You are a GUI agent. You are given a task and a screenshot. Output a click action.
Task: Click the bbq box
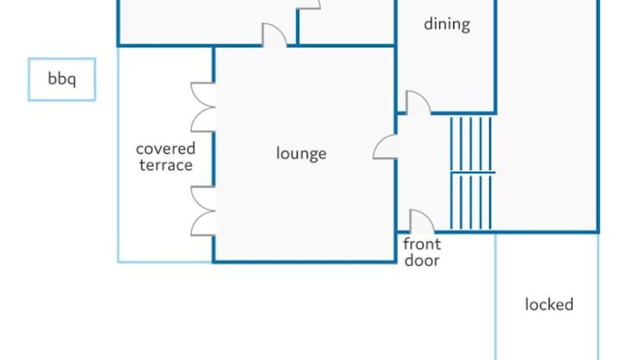(x=62, y=80)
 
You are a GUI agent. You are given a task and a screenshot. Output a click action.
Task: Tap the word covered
(x=166, y=149)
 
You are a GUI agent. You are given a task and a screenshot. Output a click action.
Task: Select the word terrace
(x=166, y=165)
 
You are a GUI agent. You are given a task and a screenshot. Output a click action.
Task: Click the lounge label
(x=301, y=153)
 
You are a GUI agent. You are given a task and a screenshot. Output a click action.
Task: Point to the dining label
(x=447, y=24)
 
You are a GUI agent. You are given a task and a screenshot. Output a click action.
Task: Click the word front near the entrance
(x=422, y=244)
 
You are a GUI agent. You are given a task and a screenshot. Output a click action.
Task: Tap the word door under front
(x=422, y=260)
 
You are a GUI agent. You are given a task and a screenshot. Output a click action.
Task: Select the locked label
(x=548, y=304)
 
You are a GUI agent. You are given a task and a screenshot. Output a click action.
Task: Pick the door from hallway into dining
(x=417, y=102)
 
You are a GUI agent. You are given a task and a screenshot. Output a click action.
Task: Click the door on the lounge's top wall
(x=275, y=36)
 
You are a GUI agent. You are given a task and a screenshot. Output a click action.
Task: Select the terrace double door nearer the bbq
(x=203, y=107)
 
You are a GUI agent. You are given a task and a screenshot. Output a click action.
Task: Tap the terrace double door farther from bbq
(x=203, y=211)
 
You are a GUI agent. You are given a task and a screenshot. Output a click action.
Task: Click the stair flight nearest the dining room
(x=472, y=143)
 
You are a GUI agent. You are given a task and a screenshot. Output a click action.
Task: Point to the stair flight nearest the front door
(x=472, y=201)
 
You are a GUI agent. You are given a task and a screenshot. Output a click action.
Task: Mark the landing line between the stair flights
(x=472, y=172)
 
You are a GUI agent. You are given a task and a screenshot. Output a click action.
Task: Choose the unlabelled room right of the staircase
(x=547, y=125)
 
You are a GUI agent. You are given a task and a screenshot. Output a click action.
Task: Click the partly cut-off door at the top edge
(x=309, y=5)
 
